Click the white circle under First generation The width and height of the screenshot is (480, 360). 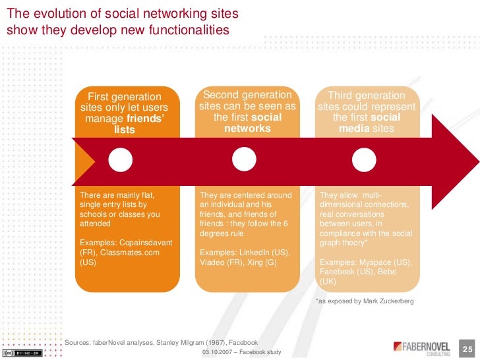[x=121, y=158]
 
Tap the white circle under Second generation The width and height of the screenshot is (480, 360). [x=244, y=158]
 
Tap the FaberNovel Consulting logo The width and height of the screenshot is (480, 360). [x=421, y=346]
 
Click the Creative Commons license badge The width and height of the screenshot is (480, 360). [x=21, y=351]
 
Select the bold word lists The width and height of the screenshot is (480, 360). [x=124, y=130]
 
